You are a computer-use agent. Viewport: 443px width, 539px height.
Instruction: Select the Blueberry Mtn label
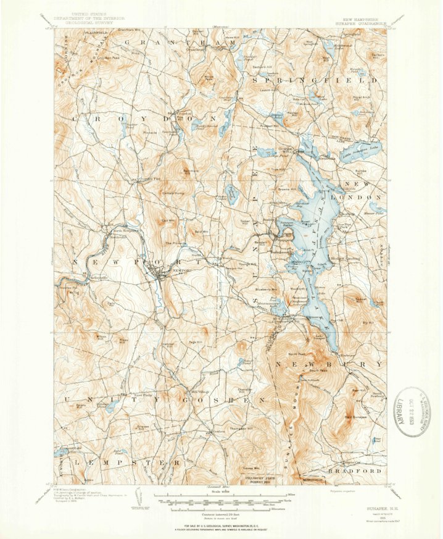click(x=266, y=289)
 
